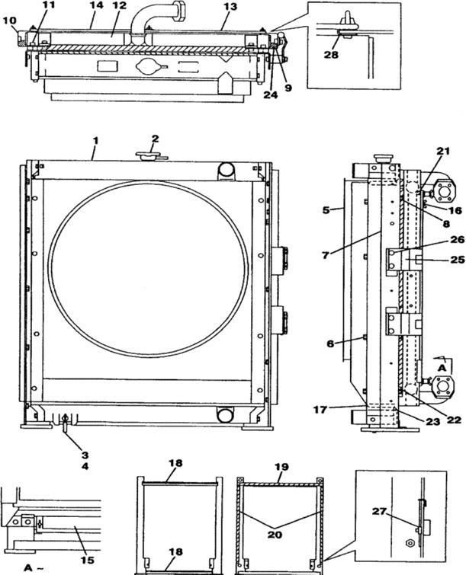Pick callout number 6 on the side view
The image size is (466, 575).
[330, 344]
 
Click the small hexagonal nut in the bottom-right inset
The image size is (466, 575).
[411, 544]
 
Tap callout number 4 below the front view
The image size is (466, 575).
[85, 465]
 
